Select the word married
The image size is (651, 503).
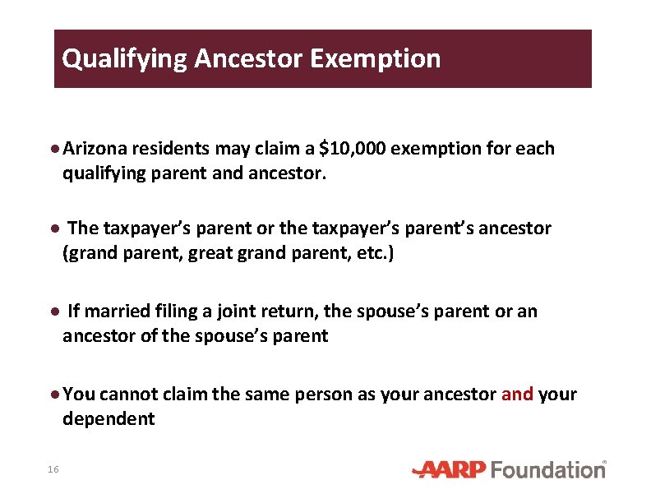click(113, 311)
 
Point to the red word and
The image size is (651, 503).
click(517, 395)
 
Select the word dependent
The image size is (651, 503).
click(108, 418)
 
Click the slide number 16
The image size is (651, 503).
click(53, 469)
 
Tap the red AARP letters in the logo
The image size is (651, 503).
click(451, 469)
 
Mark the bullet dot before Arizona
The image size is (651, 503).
click(54, 150)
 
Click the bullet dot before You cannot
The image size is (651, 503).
click(54, 395)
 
